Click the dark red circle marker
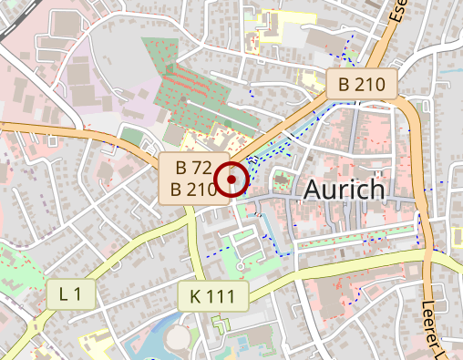click(232, 180)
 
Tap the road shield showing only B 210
click(363, 85)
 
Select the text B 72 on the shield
click(194, 168)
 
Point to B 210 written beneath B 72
click(194, 190)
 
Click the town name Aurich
click(345, 190)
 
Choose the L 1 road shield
click(70, 293)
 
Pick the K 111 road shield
click(212, 295)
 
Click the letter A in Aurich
click(313, 190)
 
